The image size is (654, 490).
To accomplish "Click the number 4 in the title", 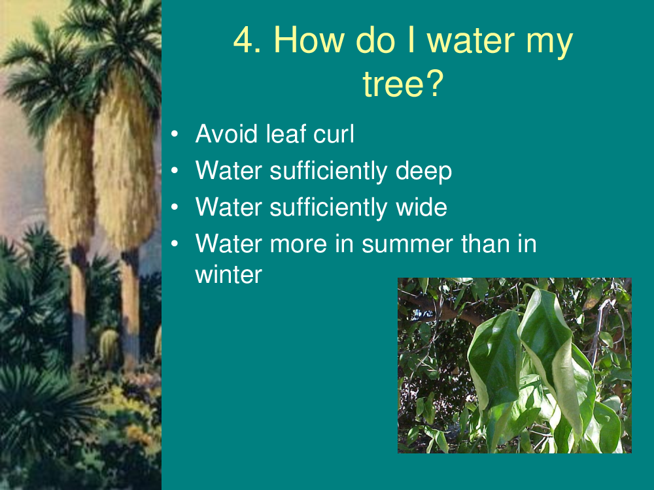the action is [x=247, y=40].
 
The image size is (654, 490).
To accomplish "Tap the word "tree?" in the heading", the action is [x=403, y=84].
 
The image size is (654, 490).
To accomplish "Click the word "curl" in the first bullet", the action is [x=334, y=134].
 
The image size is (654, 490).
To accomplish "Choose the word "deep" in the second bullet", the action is [x=423, y=172].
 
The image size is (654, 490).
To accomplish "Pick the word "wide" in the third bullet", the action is [x=421, y=207].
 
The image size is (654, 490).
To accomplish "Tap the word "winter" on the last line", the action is [x=228, y=274].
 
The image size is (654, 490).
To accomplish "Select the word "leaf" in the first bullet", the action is [x=286, y=134].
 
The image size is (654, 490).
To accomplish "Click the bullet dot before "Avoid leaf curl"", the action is [x=175, y=134].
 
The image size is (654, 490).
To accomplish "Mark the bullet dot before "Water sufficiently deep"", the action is [x=175, y=171].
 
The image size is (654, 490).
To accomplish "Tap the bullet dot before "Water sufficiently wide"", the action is [x=175, y=207].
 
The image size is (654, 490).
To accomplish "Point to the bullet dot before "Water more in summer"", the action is [x=175, y=244].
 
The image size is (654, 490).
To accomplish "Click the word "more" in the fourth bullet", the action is [x=298, y=244].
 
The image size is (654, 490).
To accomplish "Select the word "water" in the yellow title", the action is [x=471, y=41].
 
